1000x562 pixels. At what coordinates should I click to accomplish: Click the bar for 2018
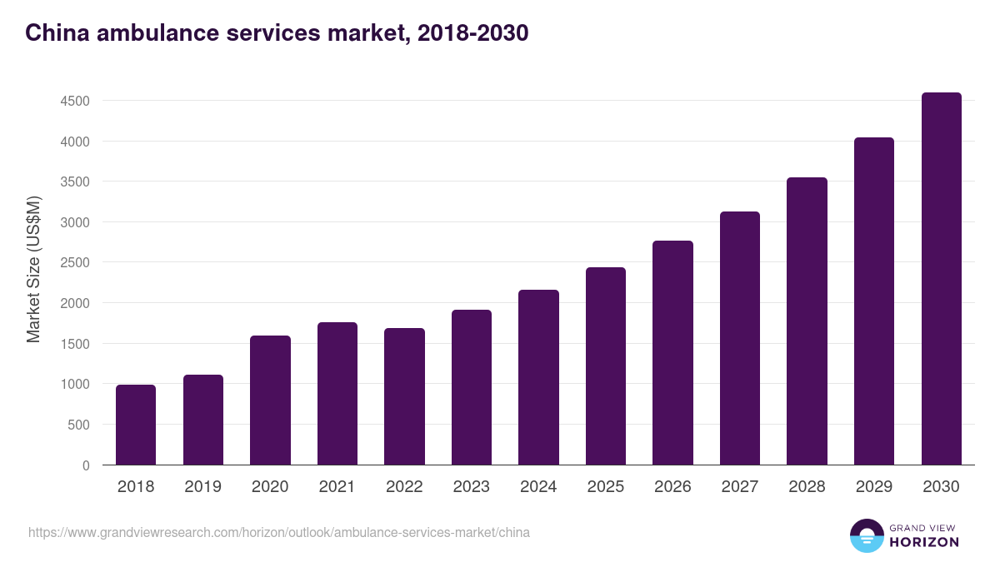(136, 425)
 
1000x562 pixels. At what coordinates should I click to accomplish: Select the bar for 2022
(404, 396)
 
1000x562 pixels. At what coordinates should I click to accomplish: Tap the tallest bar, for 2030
(941, 279)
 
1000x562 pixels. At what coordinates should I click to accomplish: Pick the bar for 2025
(605, 366)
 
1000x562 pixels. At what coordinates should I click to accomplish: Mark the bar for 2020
(270, 400)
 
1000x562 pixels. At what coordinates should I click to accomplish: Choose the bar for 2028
(807, 321)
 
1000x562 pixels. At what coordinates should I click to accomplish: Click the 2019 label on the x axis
(202, 487)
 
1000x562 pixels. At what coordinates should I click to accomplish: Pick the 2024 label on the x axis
(538, 487)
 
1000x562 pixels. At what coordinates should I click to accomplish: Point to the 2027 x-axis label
(739, 487)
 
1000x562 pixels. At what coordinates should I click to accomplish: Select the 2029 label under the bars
(873, 487)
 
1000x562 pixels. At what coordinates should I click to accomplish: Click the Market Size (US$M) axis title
(33, 269)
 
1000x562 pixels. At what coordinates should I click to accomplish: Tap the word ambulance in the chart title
(150, 33)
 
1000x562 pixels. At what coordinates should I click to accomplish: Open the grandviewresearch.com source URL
(279, 532)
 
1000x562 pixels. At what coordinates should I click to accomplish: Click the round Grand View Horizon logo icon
(866, 535)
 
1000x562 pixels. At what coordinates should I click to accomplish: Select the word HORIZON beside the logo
(924, 542)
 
